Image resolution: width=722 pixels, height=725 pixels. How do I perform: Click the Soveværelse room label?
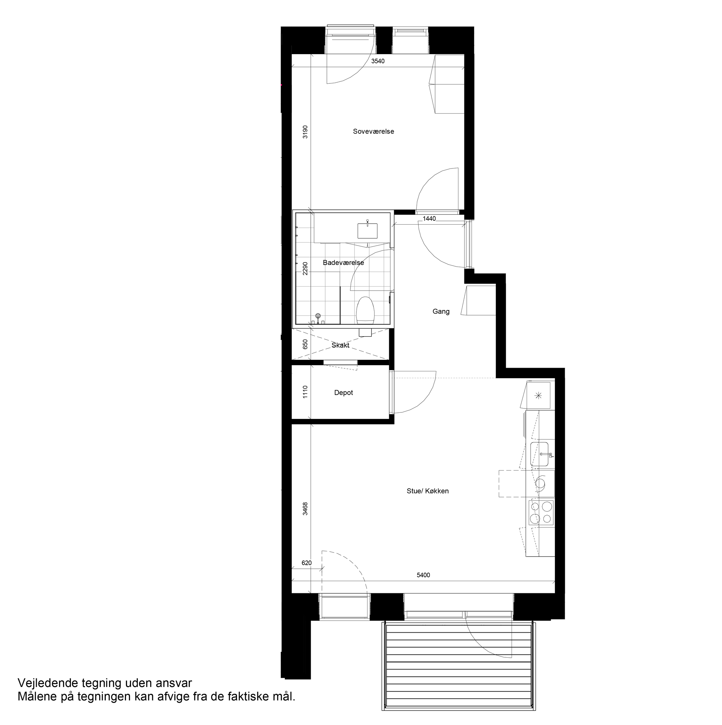tap(373, 132)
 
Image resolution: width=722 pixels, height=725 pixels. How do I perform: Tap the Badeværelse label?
tap(343, 263)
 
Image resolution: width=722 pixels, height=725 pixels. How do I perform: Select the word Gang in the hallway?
tap(441, 312)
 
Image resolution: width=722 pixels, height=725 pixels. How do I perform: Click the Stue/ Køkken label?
tap(428, 491)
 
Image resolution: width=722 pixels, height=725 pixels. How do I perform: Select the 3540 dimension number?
tap(378, 61)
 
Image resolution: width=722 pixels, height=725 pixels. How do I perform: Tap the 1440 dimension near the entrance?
tap(429, 219)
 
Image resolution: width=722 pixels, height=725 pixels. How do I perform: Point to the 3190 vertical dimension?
tap(305, 132)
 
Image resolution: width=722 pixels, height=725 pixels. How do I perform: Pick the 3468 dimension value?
tap(305, 509)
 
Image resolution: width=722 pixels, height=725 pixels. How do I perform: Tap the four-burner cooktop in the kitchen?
tap(541, 513)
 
